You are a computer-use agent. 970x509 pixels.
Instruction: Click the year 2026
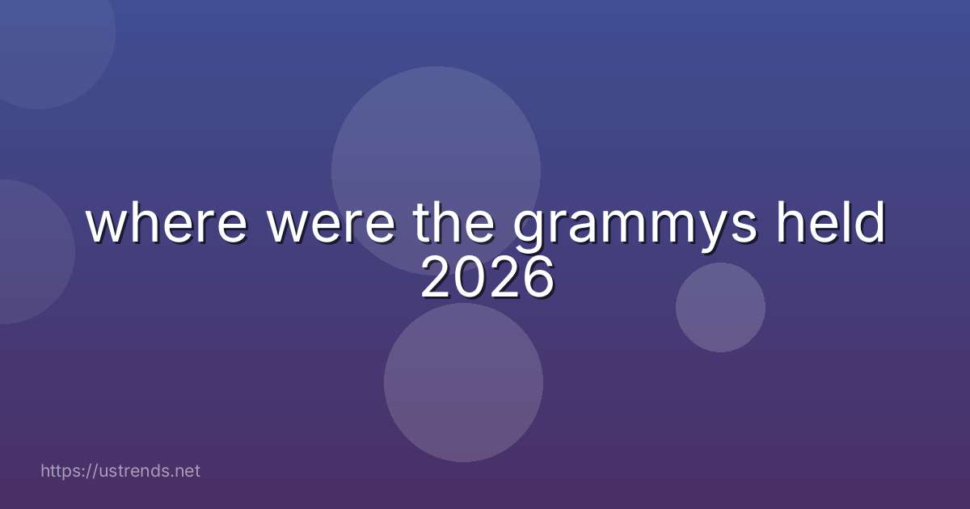click(x=487, y=280)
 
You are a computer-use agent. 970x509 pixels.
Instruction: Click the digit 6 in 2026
click(x=537, y=280)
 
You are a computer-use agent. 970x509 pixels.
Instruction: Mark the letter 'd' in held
click(x=871, y=224)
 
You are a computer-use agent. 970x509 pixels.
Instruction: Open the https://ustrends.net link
click(x=120, y=471)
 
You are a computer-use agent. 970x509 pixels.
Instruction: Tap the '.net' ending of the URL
click(x=185, y=471)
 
